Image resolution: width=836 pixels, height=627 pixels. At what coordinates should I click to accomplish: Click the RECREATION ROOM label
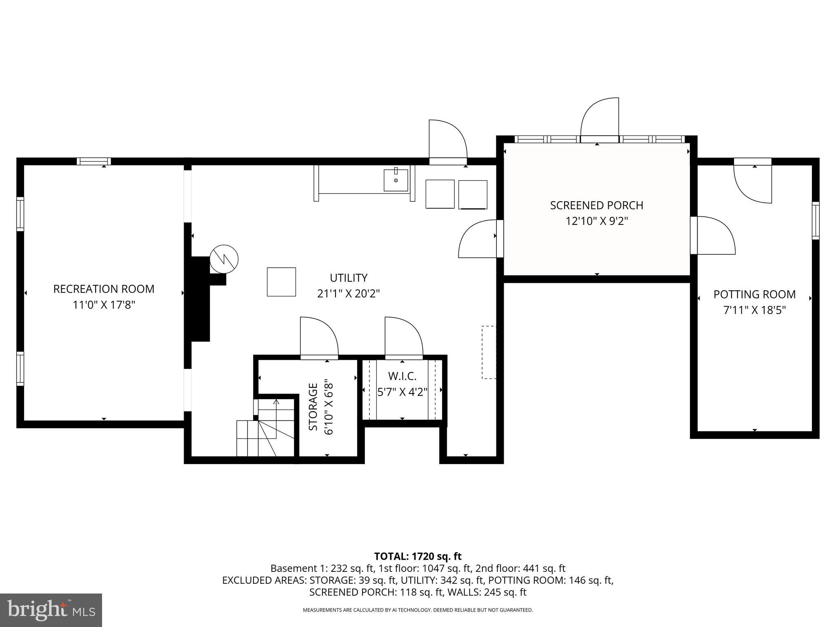click(104, 289)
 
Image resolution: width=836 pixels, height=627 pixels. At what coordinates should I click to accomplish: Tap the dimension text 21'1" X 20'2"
click(348, 294)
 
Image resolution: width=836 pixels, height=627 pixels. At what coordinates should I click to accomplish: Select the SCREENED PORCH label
click(596, 205)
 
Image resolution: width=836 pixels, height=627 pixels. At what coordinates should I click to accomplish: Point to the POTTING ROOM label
click(754, 294)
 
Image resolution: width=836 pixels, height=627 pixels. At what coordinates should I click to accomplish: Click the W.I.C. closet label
click(402, 376)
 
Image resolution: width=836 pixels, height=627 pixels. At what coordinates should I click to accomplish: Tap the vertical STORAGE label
click(313, 407)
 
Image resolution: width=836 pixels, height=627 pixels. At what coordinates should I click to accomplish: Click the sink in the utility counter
click(396, 180)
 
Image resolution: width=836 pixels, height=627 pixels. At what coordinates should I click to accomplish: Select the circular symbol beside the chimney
click(224, 259)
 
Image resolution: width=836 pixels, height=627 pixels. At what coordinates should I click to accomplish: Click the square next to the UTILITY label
click(281, 282)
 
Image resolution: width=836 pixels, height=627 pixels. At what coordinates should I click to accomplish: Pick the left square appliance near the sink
click(440, 194)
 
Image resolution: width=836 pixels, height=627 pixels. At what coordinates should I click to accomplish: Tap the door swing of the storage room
click(318, 337)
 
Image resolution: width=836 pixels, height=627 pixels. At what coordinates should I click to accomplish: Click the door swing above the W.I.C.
click(403, 337)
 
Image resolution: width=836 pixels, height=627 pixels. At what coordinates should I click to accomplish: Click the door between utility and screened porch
click(478, 239)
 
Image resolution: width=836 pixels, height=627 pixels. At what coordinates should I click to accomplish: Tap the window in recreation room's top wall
click(94, 161)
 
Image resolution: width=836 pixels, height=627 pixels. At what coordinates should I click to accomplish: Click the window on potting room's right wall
click(815, 220)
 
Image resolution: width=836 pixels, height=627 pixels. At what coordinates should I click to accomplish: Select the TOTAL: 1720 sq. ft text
click(418, 556)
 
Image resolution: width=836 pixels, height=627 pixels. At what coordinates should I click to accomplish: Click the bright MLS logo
click(51, 610)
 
